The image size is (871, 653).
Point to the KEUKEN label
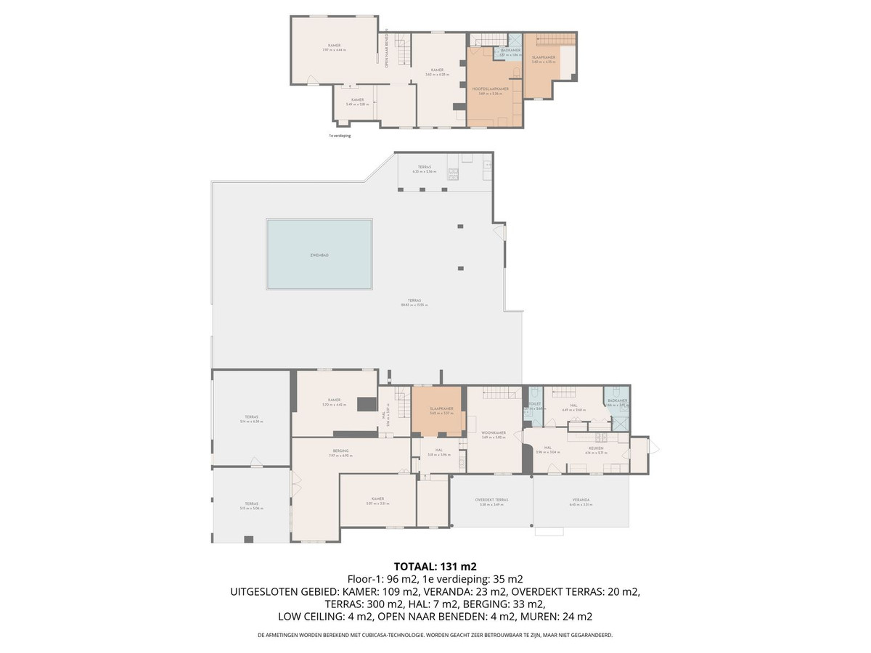pyautogui.click(x=596, y=448)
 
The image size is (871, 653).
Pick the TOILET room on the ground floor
pyautogui.click(x=534, y=404)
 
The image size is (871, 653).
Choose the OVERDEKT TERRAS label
pyautogui.click(x=491, y=499)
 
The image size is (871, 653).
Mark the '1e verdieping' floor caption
pyautogui.click(x=340, y=135)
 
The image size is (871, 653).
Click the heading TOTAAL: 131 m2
pyautogui.click(x=435, y=567)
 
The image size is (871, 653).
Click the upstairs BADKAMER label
pyautogui.click(x=511, y=50)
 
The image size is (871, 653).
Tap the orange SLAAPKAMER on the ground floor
pyautogui.click(x=441, y=408)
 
